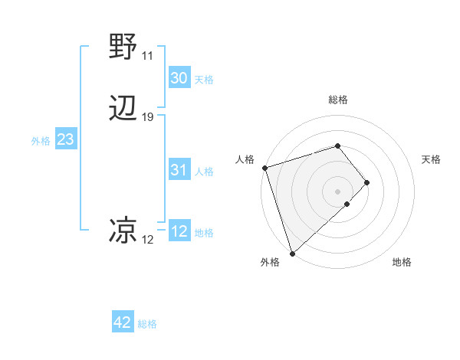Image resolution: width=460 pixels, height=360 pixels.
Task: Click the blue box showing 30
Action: tap(179, 78)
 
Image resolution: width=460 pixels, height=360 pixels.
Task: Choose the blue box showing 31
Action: tap(179, 170)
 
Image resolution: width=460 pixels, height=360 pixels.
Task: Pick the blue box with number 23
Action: tap(65, 139)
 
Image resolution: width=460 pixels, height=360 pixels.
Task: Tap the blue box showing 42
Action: tap(123, 322)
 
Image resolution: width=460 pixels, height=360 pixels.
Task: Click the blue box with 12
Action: tap(179, 231)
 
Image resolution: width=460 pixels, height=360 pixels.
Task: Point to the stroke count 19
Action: tap(148, 117)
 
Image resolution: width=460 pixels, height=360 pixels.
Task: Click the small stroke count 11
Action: tap(147, 56)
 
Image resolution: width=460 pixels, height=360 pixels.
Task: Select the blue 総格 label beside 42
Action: tap(147, 324)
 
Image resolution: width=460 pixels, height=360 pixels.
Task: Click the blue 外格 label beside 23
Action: tap(41, 141)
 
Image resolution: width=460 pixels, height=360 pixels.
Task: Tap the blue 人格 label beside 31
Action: tap(205, 172)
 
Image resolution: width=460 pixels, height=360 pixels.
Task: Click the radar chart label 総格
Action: tap(338, 100)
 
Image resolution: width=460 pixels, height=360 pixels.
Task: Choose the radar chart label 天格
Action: tap(431, 159)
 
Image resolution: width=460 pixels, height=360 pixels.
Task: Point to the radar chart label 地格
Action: tap(402, 262)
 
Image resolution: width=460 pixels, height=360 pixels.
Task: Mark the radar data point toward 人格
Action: tap(264, 167)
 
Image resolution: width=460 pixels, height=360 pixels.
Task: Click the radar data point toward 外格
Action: tap(292, 252)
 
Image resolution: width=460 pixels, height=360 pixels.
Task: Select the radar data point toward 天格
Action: tap(367, 182)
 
